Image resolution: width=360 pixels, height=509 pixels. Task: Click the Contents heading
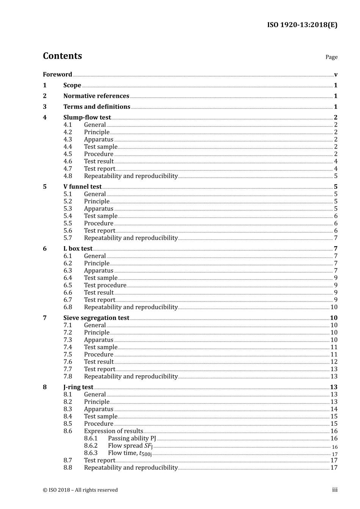[x=62, y=56]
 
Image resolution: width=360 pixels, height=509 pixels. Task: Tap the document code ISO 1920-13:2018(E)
[x=302, y=25]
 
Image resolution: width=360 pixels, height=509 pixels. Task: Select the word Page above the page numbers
[x=331, y=57]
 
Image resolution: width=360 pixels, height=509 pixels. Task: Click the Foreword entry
[x=57, y=75]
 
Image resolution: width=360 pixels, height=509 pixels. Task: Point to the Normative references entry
[x=96, y=96]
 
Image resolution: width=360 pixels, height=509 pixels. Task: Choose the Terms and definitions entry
[x=97, y=107]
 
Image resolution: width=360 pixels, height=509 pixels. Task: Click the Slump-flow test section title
[x=87, y=117]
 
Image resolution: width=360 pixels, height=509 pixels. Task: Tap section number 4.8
[x=67, y=176]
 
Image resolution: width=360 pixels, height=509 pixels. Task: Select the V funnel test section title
[x=82, y=187]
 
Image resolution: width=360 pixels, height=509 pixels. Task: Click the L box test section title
[x=78, y=249]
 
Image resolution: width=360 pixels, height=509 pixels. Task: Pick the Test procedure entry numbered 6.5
[x=105, y=286]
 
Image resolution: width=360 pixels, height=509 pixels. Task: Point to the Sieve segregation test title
[x=96, y=318]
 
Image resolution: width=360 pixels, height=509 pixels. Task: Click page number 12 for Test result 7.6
[x=334, y=362]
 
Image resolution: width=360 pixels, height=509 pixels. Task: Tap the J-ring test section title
[x=78, y=387]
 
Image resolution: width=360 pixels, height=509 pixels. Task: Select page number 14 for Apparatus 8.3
[x=334, y=409]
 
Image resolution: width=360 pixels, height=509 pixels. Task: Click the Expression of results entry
[x=113, y=431]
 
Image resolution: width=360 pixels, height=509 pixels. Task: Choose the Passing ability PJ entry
[x=132, y=439]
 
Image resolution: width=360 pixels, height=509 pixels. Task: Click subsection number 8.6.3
[x=91, y=453]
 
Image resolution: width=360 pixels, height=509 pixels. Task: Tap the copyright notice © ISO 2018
[x=80, y=490]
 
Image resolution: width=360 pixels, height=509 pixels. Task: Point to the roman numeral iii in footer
[x=335, y=490]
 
